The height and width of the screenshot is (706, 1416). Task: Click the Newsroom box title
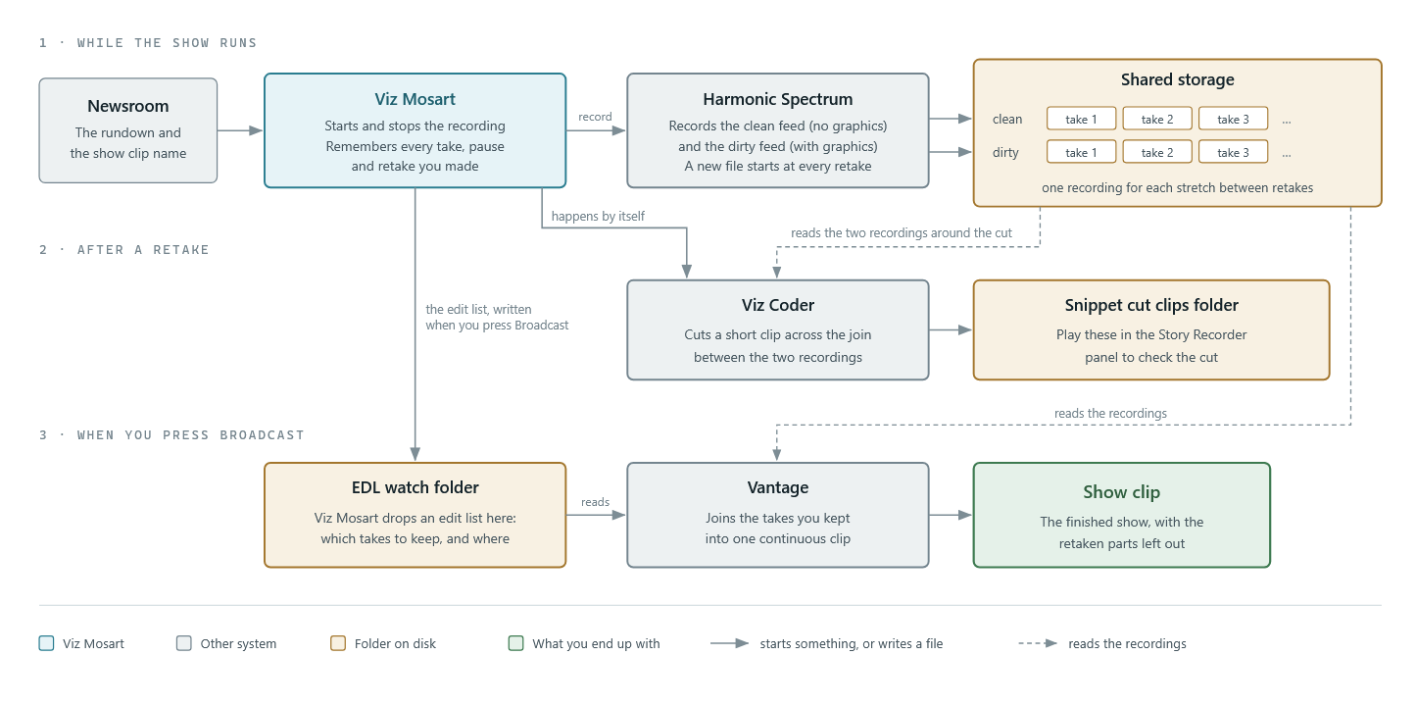(x=127, y=106)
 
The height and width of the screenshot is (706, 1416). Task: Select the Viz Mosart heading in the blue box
(x=415, y=99)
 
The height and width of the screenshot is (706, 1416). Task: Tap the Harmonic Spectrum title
(x=777, y=99)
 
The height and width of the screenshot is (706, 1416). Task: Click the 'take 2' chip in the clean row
(x=1157, y=119)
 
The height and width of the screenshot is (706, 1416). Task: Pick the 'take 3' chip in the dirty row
(x=1233, y=152)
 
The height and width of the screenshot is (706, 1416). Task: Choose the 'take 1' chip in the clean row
(x=1081, y=119)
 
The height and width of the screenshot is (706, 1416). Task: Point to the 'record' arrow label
(x=595, y=117)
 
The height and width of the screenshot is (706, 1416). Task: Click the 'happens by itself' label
(x=598, y=217)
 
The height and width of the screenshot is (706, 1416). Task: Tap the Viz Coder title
(x=777, y=305)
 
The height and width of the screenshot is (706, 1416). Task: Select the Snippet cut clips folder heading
(x=1151, y=305)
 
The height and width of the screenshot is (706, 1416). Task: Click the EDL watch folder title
(x=415, y=487)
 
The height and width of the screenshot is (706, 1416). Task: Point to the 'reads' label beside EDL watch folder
(x=595, y=502)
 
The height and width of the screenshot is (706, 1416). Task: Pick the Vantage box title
(x=777, y=487)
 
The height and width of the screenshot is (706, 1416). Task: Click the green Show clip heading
(x=1121, y=492)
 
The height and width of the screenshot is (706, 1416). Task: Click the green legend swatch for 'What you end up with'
(x=515, y=643)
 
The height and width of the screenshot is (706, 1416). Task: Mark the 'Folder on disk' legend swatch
(x=338, y=643)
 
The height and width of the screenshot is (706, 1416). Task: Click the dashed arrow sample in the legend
(x=1038, y=643)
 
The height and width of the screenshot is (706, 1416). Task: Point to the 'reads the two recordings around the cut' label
(x=902, y=233)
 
